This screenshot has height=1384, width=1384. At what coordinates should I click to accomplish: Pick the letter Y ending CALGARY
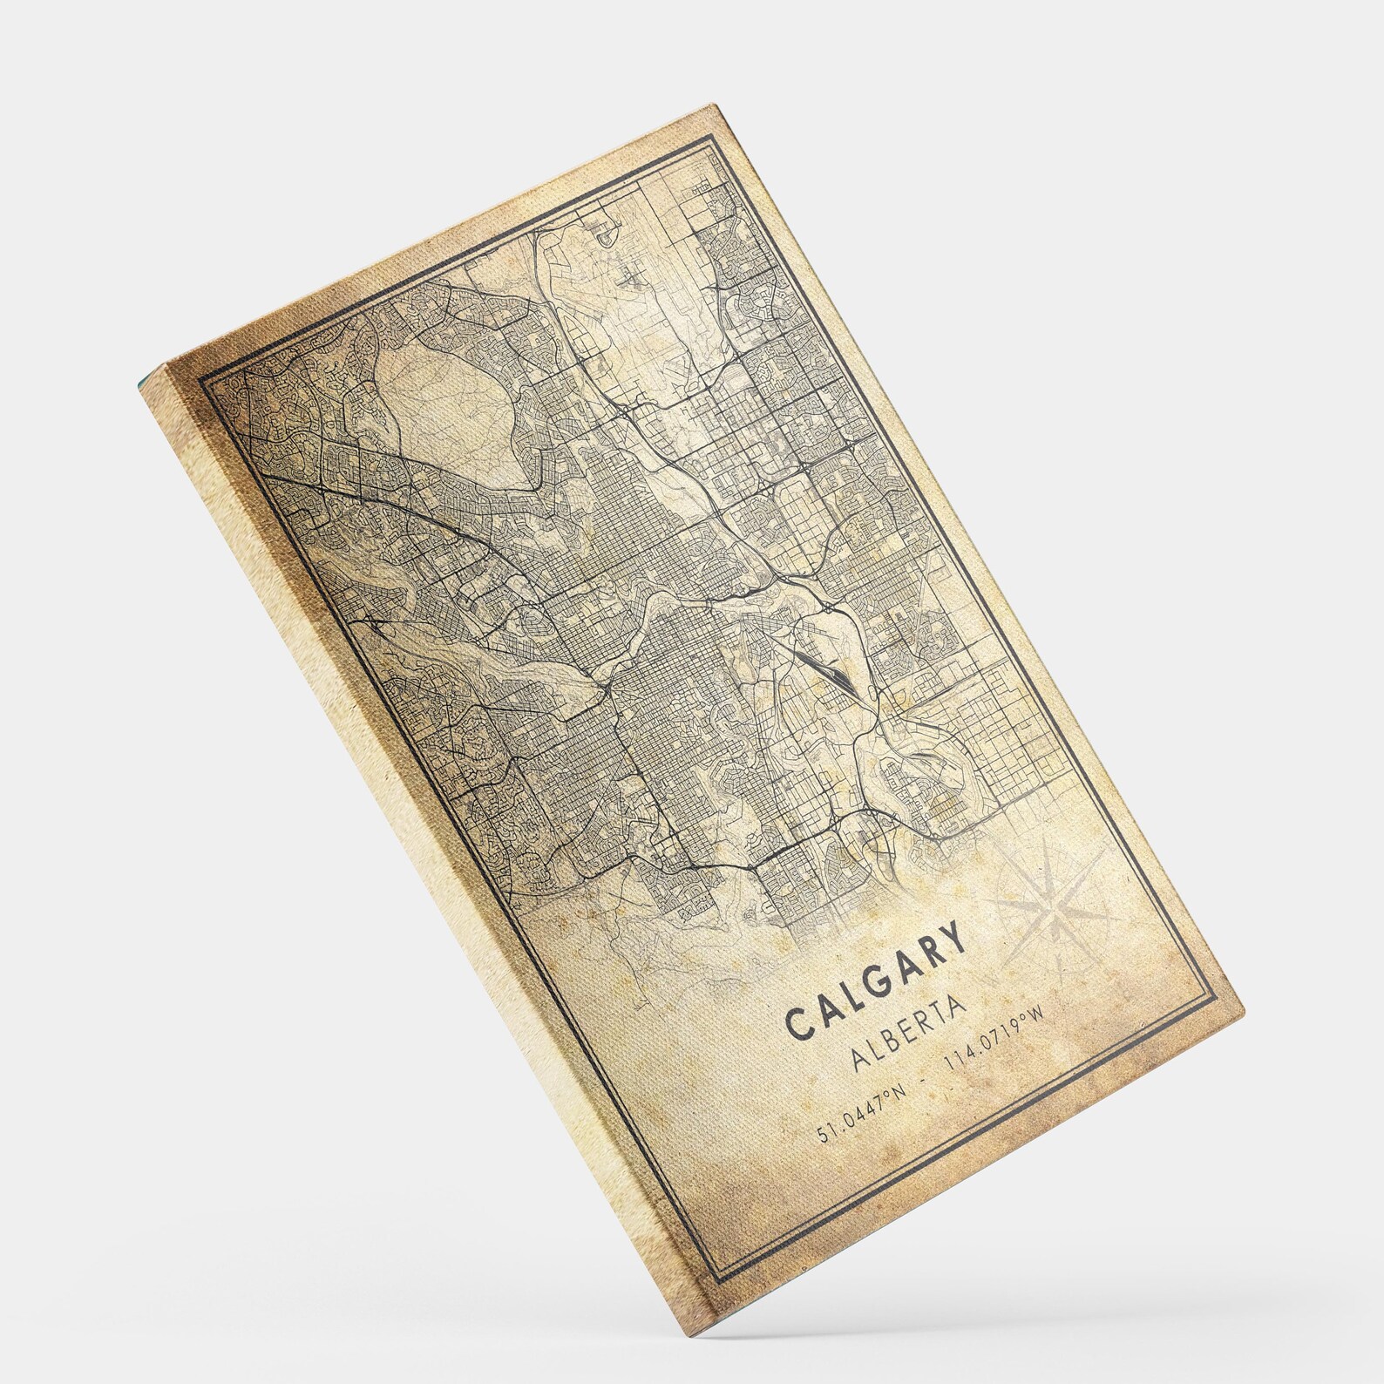click(953, 939)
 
